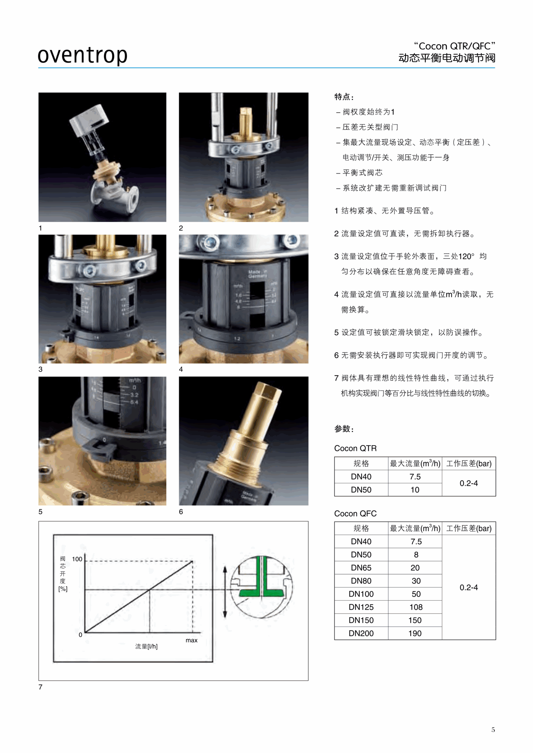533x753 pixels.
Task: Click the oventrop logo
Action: (x=82, y=55)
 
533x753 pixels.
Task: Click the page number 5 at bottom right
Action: (x=493, y=730)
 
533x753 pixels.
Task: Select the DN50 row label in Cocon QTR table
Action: (x=361, y=490)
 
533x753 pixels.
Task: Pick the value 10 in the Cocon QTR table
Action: (x=415, y=490)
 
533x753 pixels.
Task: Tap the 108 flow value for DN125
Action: (x=416, y=607)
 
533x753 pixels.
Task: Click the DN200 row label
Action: (x=361, y=633)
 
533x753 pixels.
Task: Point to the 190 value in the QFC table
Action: (x=415, y=633)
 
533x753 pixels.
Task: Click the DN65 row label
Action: (x=361, y=567)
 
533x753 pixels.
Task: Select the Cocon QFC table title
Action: (x=355, y=513)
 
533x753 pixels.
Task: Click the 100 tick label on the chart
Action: (x=77, y=559)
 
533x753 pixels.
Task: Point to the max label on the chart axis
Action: (x=191, y=640)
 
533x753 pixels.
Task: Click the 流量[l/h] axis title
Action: (x=146, y=646)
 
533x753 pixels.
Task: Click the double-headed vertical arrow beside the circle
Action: (x=225, y=592)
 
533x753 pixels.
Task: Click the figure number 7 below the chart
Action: (x=40, y=687)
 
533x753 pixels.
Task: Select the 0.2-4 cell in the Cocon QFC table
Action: (x=468, y=588)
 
